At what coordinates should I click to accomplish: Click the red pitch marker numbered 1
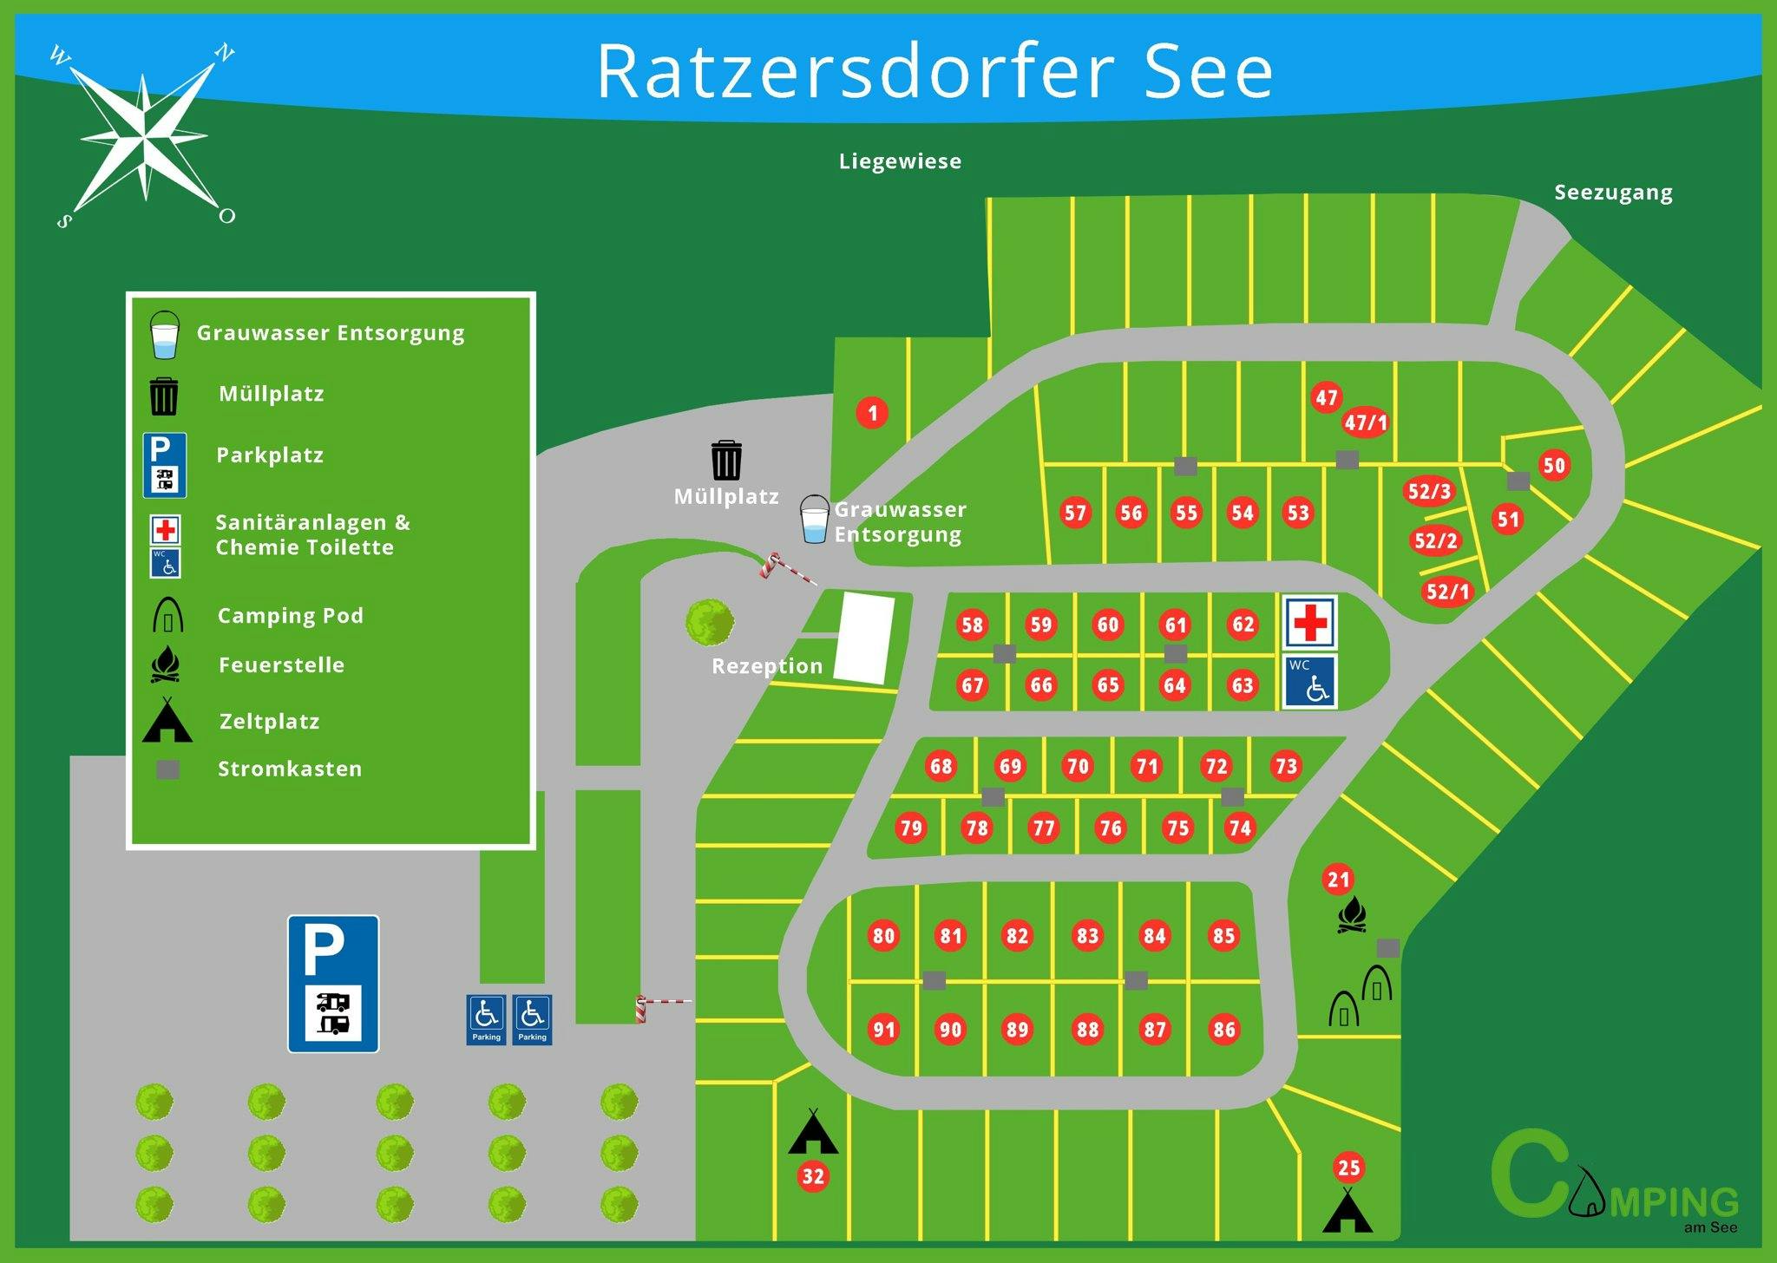[x=873, y=413]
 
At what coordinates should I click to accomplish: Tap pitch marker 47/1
[x=1366, y=422]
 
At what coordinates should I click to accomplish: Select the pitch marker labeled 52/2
[x=1436, y=540]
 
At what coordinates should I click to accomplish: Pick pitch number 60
[x=1108, y=625]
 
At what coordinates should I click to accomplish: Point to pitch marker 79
[x=911, y=828]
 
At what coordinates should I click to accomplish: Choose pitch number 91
[x=884, y=1030]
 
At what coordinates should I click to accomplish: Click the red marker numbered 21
[x=1339, y=880]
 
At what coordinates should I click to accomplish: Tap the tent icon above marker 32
[x=813, y=1131]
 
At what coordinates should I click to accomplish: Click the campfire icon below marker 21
[x=1353, y=915]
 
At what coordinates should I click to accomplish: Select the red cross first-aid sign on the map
[x=1310, y=622]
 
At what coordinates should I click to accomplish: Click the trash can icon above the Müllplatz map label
[x=726, y=460]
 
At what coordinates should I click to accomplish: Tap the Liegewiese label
[x=900, y=161]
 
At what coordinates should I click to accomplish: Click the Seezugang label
[x=1613, y=193]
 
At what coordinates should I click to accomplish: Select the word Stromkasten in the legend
[x=290, y=769]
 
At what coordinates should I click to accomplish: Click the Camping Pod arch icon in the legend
[x=167, y=614]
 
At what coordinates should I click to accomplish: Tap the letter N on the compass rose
[x=225, y=53]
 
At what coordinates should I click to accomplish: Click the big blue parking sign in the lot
[x=333, y=984]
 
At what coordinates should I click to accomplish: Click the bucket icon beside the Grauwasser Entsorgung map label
[x=814, y=520]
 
